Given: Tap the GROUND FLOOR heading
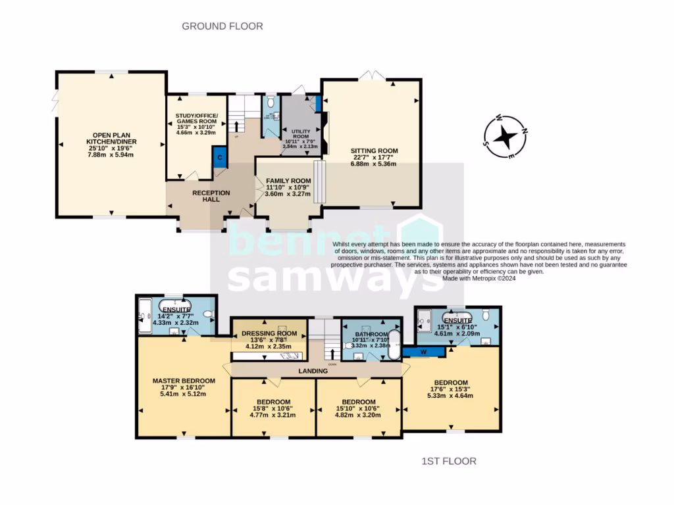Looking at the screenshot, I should coord(222,26).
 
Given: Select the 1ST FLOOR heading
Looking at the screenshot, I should coord(448,461).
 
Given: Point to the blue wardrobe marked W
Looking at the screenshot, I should coord(424,351).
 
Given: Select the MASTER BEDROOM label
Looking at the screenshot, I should coord(184,381).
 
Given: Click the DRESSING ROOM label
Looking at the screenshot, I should coord(271,324).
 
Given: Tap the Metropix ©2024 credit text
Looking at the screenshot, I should coord(479,278).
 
